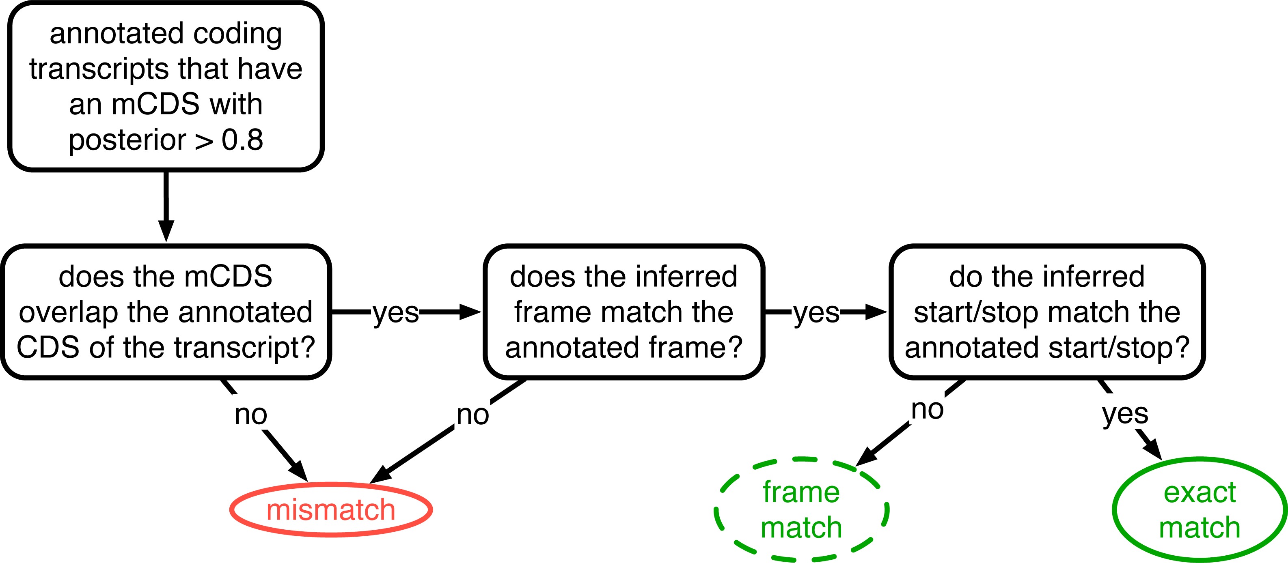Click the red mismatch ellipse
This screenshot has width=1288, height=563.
(331, 509)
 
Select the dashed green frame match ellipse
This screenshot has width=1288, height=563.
(801, 509)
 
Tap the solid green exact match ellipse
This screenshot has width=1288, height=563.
(1200, 509)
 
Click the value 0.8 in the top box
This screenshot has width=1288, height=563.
(242, 140)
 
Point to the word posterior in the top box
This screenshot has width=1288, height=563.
(127, 140)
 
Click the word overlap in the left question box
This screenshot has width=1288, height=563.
(69, 312)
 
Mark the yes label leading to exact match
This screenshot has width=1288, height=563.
(1125, 414)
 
